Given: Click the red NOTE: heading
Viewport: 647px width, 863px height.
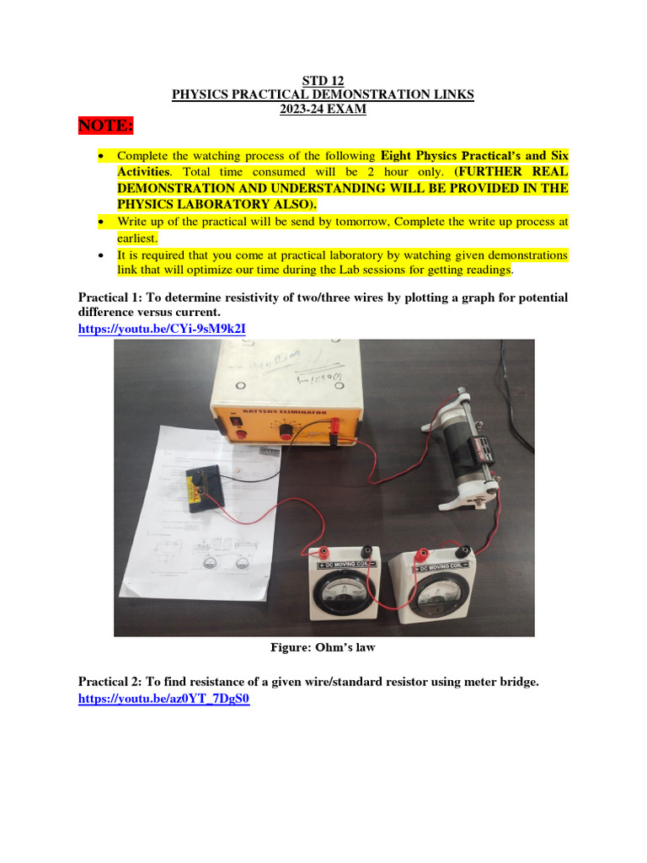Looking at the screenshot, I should click(105, 126).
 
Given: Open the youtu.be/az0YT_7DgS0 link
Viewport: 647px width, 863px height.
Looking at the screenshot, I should click(164, 699).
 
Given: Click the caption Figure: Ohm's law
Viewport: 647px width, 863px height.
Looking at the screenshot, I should click(323, 647).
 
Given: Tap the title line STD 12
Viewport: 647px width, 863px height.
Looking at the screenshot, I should click(323, 81).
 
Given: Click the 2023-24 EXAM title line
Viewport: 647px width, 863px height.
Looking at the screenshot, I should click(323, 110).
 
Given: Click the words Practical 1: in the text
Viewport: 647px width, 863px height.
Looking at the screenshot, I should click(110, 298).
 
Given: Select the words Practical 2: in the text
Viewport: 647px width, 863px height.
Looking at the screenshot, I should click(110, 681).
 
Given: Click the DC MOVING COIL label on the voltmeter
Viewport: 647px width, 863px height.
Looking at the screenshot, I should click(442, 568).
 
